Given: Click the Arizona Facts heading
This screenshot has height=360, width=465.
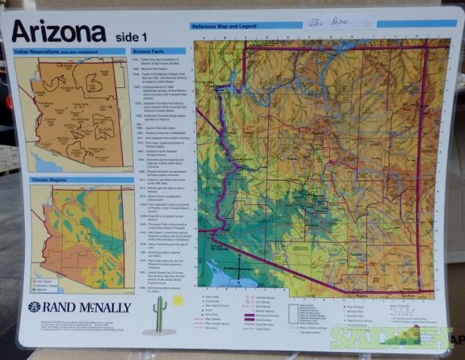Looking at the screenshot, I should point(148,52).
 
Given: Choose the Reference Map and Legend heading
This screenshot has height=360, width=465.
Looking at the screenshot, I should point(225,26).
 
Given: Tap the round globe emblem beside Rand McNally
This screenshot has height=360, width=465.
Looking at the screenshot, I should point(33,307).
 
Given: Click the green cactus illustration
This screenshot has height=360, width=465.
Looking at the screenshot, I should point(160,312).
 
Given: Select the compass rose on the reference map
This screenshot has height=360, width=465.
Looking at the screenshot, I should point(239,270).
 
